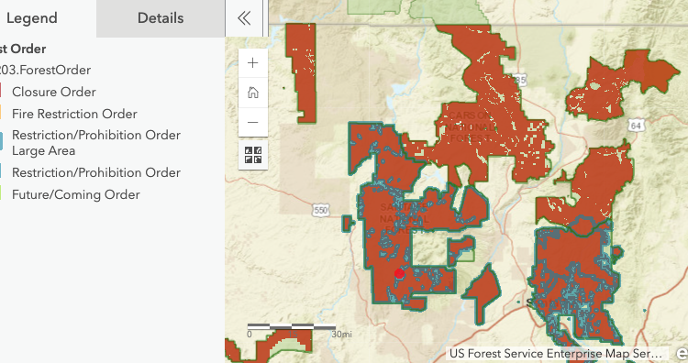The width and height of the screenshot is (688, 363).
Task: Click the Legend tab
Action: (32, 18)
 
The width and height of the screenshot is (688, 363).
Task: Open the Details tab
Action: (161, 18)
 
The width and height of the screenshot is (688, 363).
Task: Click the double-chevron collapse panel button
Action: (243, 18)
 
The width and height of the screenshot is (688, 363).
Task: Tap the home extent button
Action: (253, 93)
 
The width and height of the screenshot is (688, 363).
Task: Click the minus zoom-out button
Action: (253, 122)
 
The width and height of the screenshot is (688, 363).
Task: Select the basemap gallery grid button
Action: (253, 155)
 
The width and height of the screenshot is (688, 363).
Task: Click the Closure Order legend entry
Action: (54, 92)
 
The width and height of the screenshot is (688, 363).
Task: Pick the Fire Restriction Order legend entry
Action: (74, 114)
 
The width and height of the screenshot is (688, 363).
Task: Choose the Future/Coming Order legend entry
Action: (75, 194)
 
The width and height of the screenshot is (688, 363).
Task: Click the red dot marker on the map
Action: (399, 273)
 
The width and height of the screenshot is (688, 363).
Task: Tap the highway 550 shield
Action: (320, 211)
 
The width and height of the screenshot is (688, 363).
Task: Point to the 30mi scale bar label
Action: (341, 335)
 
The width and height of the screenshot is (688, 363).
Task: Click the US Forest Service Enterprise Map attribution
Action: (555, 353)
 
